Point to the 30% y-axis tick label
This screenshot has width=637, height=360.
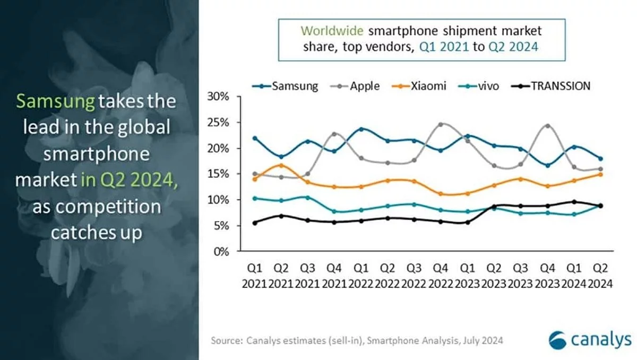219,97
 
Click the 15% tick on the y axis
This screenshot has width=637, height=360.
219,174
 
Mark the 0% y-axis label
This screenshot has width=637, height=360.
221,252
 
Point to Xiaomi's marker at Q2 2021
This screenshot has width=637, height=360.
281,165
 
